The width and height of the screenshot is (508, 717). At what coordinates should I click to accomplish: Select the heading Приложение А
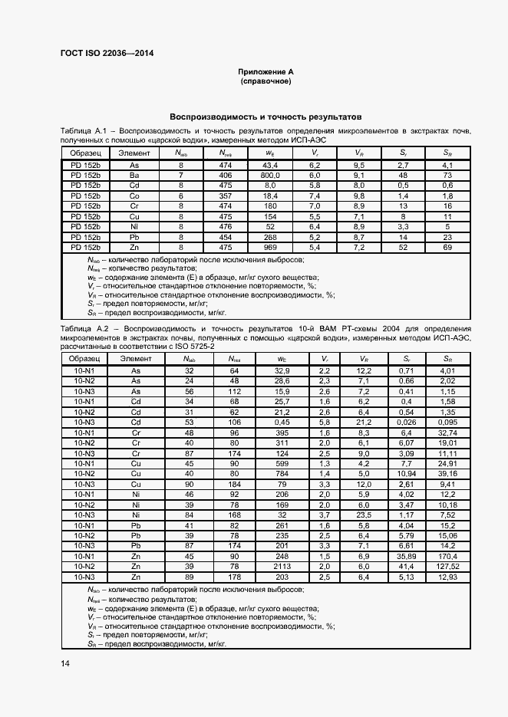[x=265, y=71]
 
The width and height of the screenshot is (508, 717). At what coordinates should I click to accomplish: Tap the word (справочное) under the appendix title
[x=265, y=81]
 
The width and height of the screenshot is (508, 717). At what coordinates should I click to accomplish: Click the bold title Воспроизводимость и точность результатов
[x=265, y=118]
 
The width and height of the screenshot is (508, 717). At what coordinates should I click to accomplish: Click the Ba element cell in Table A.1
[x=134, y=176]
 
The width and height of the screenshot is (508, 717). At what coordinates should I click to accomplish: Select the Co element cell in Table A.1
[x=134, y=196]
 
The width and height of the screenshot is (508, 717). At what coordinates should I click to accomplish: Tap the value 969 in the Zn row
[x=270, y=248]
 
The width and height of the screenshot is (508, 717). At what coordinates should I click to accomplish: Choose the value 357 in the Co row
[x=225, y=196]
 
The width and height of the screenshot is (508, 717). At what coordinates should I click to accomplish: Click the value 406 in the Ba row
[x=225, y=176]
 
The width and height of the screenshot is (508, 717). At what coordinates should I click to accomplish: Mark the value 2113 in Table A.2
[x=282, y=564]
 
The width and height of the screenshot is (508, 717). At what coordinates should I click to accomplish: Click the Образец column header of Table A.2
[x=84, y=358]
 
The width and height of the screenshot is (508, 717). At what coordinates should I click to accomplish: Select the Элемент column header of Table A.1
[x=134, y=153]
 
